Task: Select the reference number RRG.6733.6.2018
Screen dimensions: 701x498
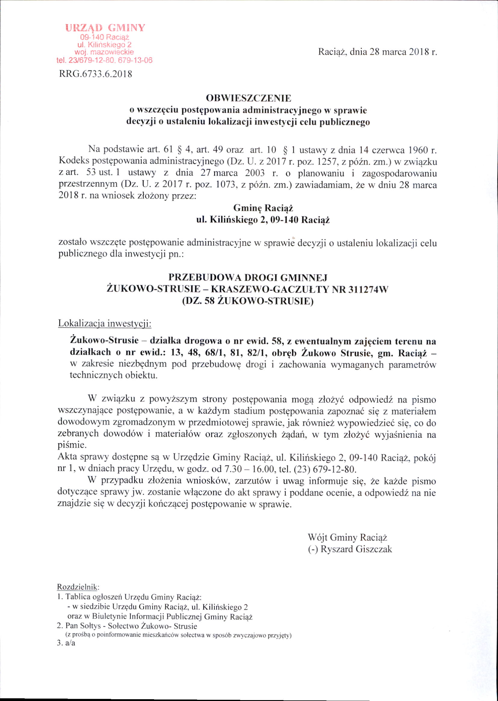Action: (x=95, y=74)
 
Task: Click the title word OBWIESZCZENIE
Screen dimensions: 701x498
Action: (x=248, y=98)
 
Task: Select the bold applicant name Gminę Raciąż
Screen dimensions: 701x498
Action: (x=263, y=208)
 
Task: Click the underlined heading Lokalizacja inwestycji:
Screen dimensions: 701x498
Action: (x=105, y=324)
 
